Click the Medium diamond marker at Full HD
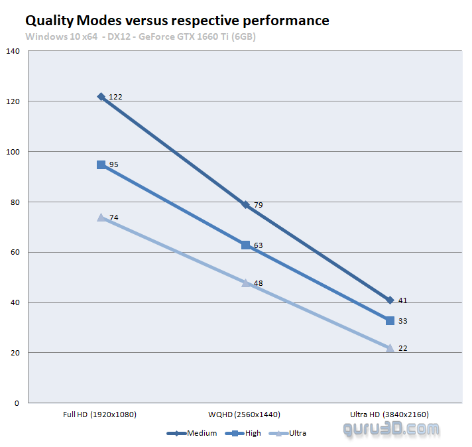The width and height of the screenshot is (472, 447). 101,97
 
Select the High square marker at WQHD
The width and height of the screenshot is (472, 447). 246,245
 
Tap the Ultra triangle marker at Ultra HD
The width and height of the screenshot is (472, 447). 390,348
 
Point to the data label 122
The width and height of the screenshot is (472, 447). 115,97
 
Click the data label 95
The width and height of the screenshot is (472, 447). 113,164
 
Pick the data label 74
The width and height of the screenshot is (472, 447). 113,218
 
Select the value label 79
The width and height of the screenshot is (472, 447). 259,205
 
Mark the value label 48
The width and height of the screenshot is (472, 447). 259,283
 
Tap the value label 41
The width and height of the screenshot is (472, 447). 403,300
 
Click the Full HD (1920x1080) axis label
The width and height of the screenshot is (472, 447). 100,415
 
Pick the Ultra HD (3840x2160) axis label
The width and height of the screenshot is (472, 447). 390,415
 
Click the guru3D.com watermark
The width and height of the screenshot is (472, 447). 391,429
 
